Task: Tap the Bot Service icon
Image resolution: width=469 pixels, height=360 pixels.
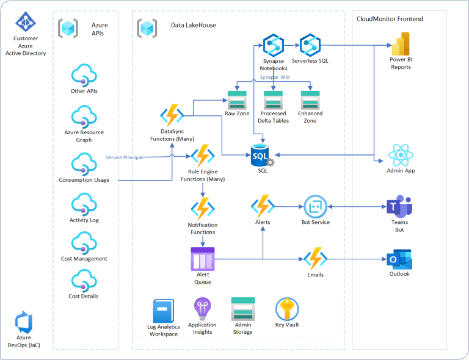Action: point(315,207)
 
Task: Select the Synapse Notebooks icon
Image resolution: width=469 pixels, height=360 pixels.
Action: point(274,46)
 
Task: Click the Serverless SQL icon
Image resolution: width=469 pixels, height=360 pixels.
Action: point(310,46)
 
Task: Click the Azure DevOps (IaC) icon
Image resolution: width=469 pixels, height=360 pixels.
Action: point(24,323)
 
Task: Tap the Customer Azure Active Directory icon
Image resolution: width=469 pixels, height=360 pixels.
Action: point(26,23)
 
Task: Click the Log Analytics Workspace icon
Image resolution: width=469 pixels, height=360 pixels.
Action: point(163,312)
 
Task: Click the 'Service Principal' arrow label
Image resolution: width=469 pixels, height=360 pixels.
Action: point(124,157)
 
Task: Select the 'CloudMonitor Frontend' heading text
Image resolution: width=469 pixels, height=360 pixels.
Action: point(390,19)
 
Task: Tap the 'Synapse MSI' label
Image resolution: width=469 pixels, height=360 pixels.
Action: point(275,77)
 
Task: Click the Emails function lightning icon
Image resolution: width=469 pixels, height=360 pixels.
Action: point(316,259)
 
